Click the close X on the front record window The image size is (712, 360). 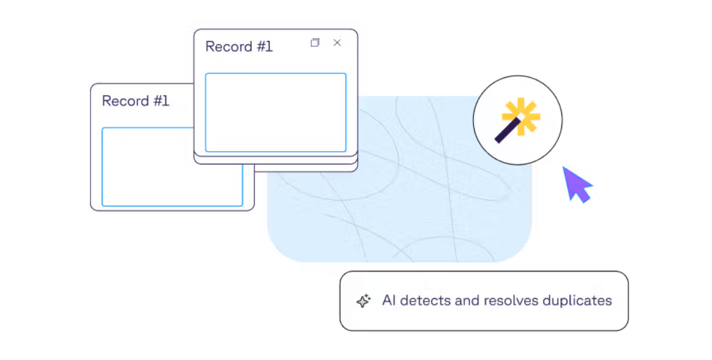tap(337, 42)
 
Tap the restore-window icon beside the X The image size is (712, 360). tap(315, 42)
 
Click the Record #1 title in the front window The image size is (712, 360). tap(239, 46)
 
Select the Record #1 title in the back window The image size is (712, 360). tap(135, 101)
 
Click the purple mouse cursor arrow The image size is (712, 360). tap(576, 183)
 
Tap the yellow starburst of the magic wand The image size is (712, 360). tap(522, 116)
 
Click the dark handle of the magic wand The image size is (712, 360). tap(506, 132)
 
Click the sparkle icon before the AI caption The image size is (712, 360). tap(363, 301)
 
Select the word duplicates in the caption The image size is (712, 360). tap(577, 301)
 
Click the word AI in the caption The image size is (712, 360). tap(389, 301)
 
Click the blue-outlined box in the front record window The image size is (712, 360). tap(276, 113)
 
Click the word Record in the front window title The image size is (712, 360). tap(229, 46)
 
